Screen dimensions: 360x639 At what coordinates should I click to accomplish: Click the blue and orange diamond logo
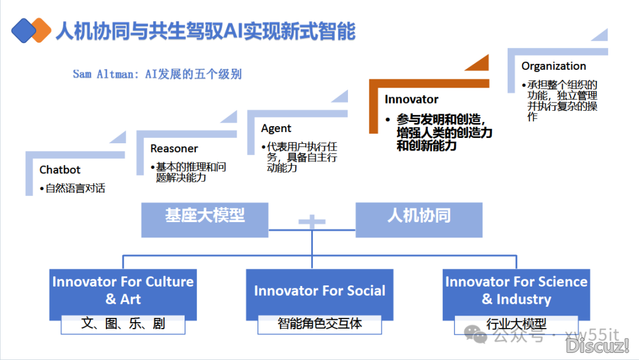coord(31,30)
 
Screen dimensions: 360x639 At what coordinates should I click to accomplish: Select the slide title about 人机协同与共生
coord(205,31)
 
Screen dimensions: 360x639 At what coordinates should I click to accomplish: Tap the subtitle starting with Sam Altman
coord(157,75)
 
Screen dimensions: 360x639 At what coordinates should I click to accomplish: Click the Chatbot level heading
coord(60,170)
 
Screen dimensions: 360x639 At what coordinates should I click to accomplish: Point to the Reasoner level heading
coord(174,149)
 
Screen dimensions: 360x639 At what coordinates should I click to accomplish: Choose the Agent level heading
coord(276,128)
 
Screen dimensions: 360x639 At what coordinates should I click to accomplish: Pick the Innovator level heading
coord(411,99)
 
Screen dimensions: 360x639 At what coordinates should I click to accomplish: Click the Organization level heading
coord(554,66)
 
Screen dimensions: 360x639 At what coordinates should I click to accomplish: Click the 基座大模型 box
coord(205,216)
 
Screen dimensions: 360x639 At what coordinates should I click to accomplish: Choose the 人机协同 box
coord(419,216)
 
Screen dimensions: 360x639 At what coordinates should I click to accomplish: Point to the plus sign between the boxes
coord(312,223)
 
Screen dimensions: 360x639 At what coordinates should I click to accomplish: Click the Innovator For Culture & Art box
coord(123,291)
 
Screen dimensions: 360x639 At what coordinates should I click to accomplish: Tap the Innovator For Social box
coord(319,291)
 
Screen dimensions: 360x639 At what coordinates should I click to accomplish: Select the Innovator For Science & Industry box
coord(517,291)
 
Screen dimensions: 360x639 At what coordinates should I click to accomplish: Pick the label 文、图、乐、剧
coord(123,324)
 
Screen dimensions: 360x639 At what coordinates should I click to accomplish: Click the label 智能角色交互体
coord(319,324)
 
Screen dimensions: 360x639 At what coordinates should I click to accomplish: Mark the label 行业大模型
coord(517,324)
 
